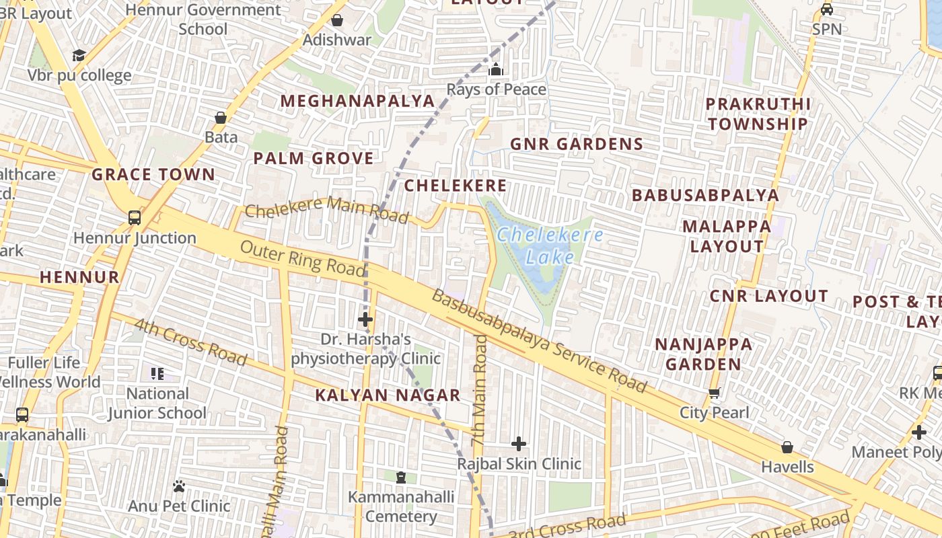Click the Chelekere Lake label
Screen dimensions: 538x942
(550, 246)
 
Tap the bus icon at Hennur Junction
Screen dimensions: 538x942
(135, 217)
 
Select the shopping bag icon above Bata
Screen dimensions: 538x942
(220, 118)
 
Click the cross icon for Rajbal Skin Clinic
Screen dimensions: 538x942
(519, 443)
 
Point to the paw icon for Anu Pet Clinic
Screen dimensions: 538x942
(179, 486)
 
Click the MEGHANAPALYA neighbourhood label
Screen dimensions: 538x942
(357, 101)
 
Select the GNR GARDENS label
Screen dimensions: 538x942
(577, 144)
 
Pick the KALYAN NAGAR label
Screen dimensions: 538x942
(388, 395)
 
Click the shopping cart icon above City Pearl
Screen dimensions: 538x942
(714, 393)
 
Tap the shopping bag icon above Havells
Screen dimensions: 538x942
(787, 447)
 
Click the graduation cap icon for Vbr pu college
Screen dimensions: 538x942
(79, 55)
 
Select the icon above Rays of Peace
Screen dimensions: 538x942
(496, 69)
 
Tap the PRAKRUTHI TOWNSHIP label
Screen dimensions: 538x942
(758, 114)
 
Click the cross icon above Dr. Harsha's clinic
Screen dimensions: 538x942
(365, 319)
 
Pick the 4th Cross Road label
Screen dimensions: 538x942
(190, 342)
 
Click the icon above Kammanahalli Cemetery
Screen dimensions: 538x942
(401, 477)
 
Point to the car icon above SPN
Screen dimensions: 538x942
(827, 9)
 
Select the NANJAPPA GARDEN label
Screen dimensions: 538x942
(704, 354)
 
